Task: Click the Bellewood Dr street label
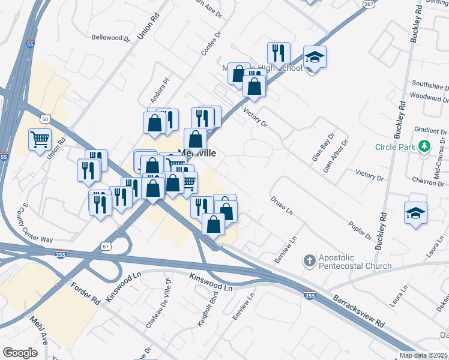110,37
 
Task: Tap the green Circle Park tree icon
424,146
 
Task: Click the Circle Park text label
396,147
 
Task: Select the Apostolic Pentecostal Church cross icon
309,260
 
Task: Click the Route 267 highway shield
369,4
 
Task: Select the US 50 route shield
45,118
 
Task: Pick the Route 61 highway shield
106,246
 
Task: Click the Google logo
20,353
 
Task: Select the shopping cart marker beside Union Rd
40,140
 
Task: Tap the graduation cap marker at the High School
315,58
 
